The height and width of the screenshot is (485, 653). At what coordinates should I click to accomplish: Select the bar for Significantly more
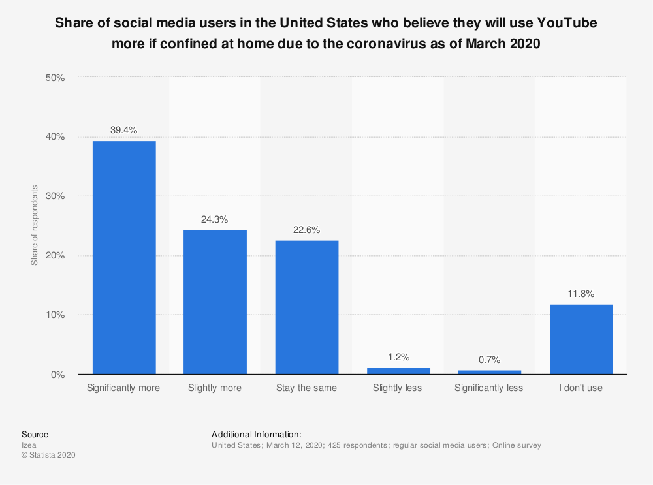click(x=124, y=257)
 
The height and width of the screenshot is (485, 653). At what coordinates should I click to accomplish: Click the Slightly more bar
click(x=215, y=302)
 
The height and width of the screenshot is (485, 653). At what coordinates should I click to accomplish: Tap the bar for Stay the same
click(x=306, y=307)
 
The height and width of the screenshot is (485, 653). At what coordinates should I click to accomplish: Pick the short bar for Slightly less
click(x=398, y=371)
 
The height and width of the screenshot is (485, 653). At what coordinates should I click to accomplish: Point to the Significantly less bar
click(x=489, y=372)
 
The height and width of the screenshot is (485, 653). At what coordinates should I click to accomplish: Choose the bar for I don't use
click(x=581, y=339)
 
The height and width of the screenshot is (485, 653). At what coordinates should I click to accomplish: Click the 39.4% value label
click(x=123, y=131)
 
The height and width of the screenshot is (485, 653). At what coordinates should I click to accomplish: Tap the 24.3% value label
click(x=215, y=220)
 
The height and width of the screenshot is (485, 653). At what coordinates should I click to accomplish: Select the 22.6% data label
click(x=306, y=230)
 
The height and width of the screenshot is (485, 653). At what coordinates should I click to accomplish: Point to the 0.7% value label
click(x=489, y=360)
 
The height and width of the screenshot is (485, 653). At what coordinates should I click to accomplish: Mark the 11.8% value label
click(x=581, y=294)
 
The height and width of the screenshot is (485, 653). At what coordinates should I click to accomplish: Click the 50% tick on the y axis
click(x=55, y=78)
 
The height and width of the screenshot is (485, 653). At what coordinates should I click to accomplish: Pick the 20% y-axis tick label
click(x=55, y=256)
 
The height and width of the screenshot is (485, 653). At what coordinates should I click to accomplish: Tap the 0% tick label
click(x=57, y=375)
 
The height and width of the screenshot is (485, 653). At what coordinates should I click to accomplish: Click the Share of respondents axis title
click(x=35, y=226)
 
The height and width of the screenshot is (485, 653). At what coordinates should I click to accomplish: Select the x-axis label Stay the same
click(x=306, y=388)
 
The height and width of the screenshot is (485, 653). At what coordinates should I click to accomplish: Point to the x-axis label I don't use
click(x=581, y=388)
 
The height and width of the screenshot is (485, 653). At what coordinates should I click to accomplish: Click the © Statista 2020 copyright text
click(x=48, y=456)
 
